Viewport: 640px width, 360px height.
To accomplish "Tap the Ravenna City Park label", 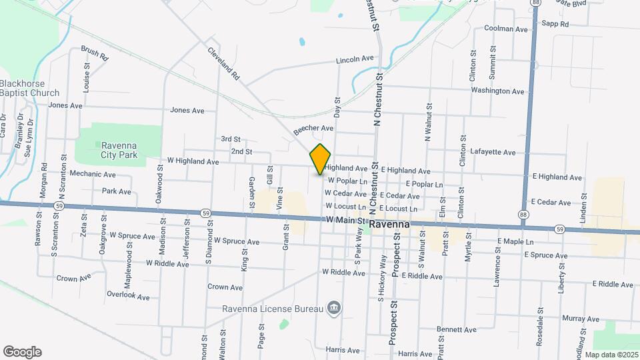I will point(119,149).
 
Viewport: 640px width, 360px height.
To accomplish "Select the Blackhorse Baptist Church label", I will point(29,88).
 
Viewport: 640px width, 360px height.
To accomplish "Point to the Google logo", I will point(22,352).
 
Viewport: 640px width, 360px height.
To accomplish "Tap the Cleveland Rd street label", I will point(223,63).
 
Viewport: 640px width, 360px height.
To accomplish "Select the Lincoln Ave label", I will point(355,59).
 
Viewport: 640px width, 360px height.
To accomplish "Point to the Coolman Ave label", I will point(507,29).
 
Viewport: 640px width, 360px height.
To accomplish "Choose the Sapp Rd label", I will point(555,24).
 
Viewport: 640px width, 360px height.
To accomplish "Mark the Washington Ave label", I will point(498,90).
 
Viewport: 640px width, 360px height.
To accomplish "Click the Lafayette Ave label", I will point(492,152).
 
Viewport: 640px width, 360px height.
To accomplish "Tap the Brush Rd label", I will point(95,53).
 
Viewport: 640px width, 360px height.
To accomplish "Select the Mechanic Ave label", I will point(93,174).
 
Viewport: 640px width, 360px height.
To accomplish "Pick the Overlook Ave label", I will point(128,295).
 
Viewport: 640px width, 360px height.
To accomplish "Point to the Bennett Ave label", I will point(457,329).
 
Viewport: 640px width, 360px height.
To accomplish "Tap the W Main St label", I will point(344,220).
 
